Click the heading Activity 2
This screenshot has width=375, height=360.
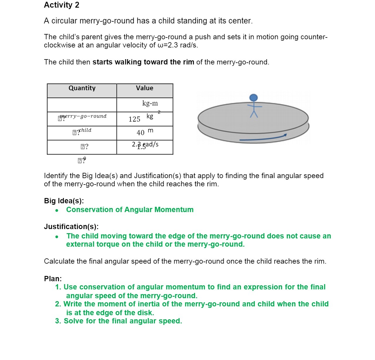point(62,5)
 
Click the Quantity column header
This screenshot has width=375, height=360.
point(82,88)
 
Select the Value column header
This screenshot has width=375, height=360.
point(144,88)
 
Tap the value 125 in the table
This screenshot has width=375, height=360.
point(134,119)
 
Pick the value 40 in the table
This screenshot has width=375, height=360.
point(141,133)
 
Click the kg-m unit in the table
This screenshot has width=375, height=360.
point(150,103)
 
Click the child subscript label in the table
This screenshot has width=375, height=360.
point(85,130)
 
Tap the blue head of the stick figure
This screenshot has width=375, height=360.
point(253,98)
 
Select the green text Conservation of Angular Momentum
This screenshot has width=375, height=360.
point(130,210)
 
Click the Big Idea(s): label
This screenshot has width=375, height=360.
point(64,201)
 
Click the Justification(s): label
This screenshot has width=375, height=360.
point(71,227)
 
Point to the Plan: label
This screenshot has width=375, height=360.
point(53,279)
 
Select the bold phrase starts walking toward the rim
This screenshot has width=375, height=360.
point(143,62)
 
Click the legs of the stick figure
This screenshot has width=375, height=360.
point(254,114)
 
